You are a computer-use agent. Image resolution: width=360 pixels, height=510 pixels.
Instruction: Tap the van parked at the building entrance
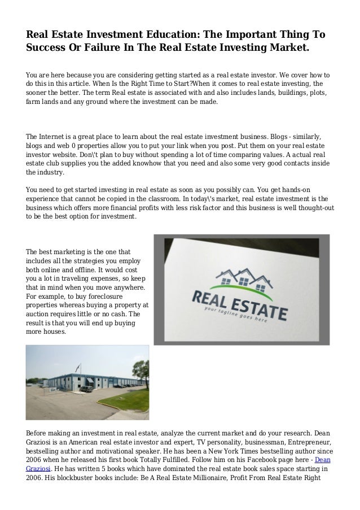[86, 389]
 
